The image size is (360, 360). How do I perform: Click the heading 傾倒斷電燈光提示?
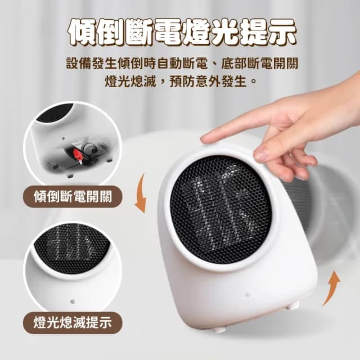pyautogui.click(x=180, y=33)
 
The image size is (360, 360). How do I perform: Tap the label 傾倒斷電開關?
pyautogui.click(x=72, y=196)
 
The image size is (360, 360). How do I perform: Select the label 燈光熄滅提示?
pyautogui.click(x=72, y=322)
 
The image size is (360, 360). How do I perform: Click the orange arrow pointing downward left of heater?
pyautogui.click(x=141, y=193)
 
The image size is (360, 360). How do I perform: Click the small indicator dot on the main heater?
pyautogui.click(x=247, y=294)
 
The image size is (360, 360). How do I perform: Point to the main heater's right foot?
pyautogui.click(x=292, y=305)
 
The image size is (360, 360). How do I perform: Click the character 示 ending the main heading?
pyautogui.click(x=282, y=33)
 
